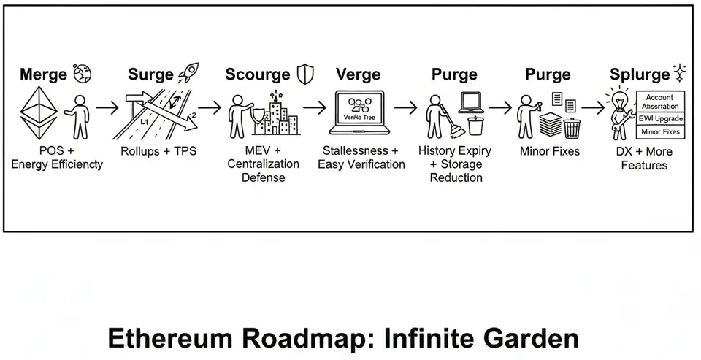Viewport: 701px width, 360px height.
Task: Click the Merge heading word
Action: (43, 74)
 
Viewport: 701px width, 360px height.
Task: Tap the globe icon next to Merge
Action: (82, 74)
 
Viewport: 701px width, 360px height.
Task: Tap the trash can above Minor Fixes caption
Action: (572, 127)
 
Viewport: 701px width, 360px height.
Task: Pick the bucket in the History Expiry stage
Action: (475, 126)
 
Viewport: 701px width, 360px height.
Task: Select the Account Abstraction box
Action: (660, 101)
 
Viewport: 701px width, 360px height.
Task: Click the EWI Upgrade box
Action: (660, 118)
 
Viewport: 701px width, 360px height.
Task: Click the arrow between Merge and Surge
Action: (107, 107)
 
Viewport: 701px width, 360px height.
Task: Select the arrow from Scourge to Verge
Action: (315, 107)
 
